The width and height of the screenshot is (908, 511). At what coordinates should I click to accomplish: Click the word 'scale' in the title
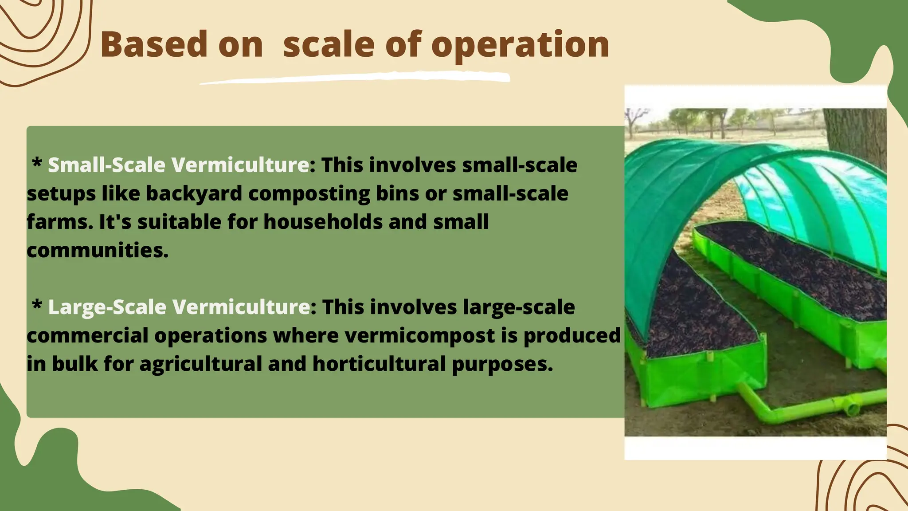[328, 45]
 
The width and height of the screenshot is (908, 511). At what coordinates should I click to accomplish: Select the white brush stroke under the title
[355, 79]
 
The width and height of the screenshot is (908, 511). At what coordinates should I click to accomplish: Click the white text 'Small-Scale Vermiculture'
[178, 165]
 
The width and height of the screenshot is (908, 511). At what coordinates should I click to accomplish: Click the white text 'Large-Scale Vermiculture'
[179, 307]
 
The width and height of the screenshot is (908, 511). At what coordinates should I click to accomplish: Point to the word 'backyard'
[194, 193]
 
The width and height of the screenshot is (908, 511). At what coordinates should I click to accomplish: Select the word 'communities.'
[98, 250]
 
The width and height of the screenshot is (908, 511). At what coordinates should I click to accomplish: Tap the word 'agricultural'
[201, 364]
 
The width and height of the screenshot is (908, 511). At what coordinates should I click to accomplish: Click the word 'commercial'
[87, 335]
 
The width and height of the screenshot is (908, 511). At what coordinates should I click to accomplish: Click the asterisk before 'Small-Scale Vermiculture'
[37, 163]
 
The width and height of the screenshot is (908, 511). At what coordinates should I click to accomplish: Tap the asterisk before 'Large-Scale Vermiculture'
[37, 305]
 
